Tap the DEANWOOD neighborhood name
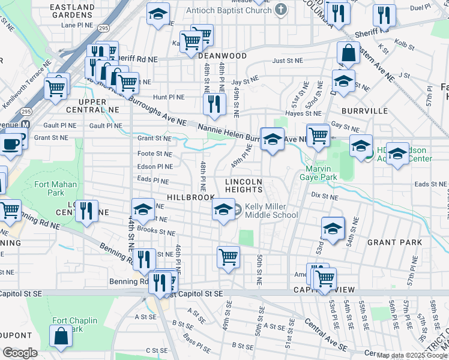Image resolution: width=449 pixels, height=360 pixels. [222, 56]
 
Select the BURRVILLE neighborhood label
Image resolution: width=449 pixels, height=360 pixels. [363, 111]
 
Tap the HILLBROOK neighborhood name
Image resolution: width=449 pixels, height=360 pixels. [190, 197]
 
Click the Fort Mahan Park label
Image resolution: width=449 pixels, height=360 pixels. [49, 188]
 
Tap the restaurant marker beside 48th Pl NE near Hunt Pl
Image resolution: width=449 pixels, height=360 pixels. [213, 104]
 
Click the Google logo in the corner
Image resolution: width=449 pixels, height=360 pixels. [20, 353]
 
